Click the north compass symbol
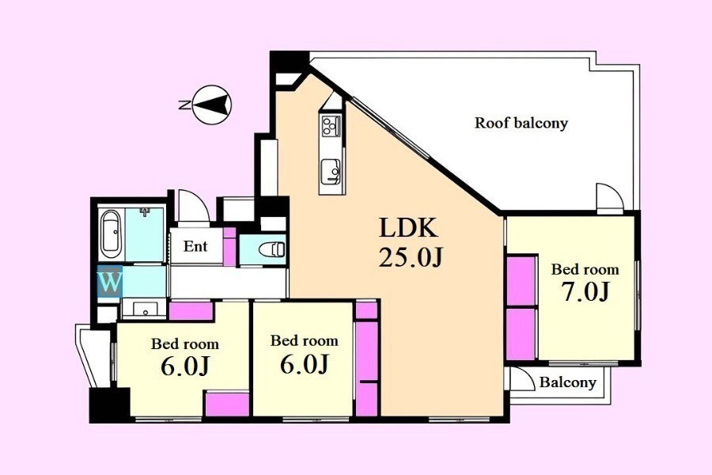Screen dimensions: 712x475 click(x=211, y=104)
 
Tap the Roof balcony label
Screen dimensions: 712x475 click(x=521, y=123)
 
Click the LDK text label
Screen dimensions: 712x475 click(x=409, y=228)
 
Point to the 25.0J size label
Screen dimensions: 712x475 click(x=410, y=258)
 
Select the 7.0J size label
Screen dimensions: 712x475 click(x=585, y=291)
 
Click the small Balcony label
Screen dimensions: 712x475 click(x=567, y=382)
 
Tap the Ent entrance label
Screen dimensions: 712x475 click(x=195, y=246)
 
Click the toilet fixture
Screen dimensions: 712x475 click(x=271, y=249)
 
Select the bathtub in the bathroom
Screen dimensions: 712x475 click(x=110, y=234)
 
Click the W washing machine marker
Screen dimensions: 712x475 click(x=110, y=283)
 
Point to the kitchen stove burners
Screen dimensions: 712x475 click(x=331, y=125)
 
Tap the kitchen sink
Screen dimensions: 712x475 click(x=331, y=171)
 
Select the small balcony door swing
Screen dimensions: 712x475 click(x=523, y=378)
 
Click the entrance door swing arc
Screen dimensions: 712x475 click(x=194, y=206)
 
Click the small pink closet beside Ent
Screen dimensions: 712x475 click(x=229, y=246)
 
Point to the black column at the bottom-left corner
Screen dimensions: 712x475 click(x=109, y=405)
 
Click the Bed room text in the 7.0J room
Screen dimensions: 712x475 click(x=585, y=269)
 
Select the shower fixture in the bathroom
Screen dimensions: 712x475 click(x=145, y=212)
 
